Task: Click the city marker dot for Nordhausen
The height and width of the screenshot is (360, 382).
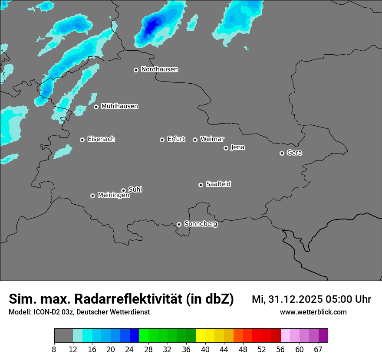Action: (x=136, y=70)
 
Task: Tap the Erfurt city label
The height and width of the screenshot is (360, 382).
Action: (x=176, y=139)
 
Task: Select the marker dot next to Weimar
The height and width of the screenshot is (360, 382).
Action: (x=195, y=140)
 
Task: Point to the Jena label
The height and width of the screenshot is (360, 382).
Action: (x=237, y=147)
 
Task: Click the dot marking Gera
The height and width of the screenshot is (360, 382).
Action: (x=282, y=153)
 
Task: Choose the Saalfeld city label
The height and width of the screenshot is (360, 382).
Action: (x=218, y=184)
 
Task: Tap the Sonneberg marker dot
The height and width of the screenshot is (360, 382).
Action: (x=179, y=224)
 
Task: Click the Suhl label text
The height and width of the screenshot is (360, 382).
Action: (x=135, y=190)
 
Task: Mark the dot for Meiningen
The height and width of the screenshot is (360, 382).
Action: (x=92, y=196)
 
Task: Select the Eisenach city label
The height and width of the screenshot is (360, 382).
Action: (x=101, y=139)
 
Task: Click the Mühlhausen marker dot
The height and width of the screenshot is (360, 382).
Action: (x=96, y=107)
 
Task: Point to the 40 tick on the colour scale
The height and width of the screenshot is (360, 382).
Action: (x=205, y=349)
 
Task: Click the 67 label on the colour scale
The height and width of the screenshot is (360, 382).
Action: (x=318, y=349)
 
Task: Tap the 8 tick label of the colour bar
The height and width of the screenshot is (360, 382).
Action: (x=54, y=349)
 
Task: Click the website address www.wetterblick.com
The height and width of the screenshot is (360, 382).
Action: (x=313, y=312)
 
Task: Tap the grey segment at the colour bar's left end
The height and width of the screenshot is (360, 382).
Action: (x=63, y=336)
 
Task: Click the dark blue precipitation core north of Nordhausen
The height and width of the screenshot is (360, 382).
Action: (x=151, y=27)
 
